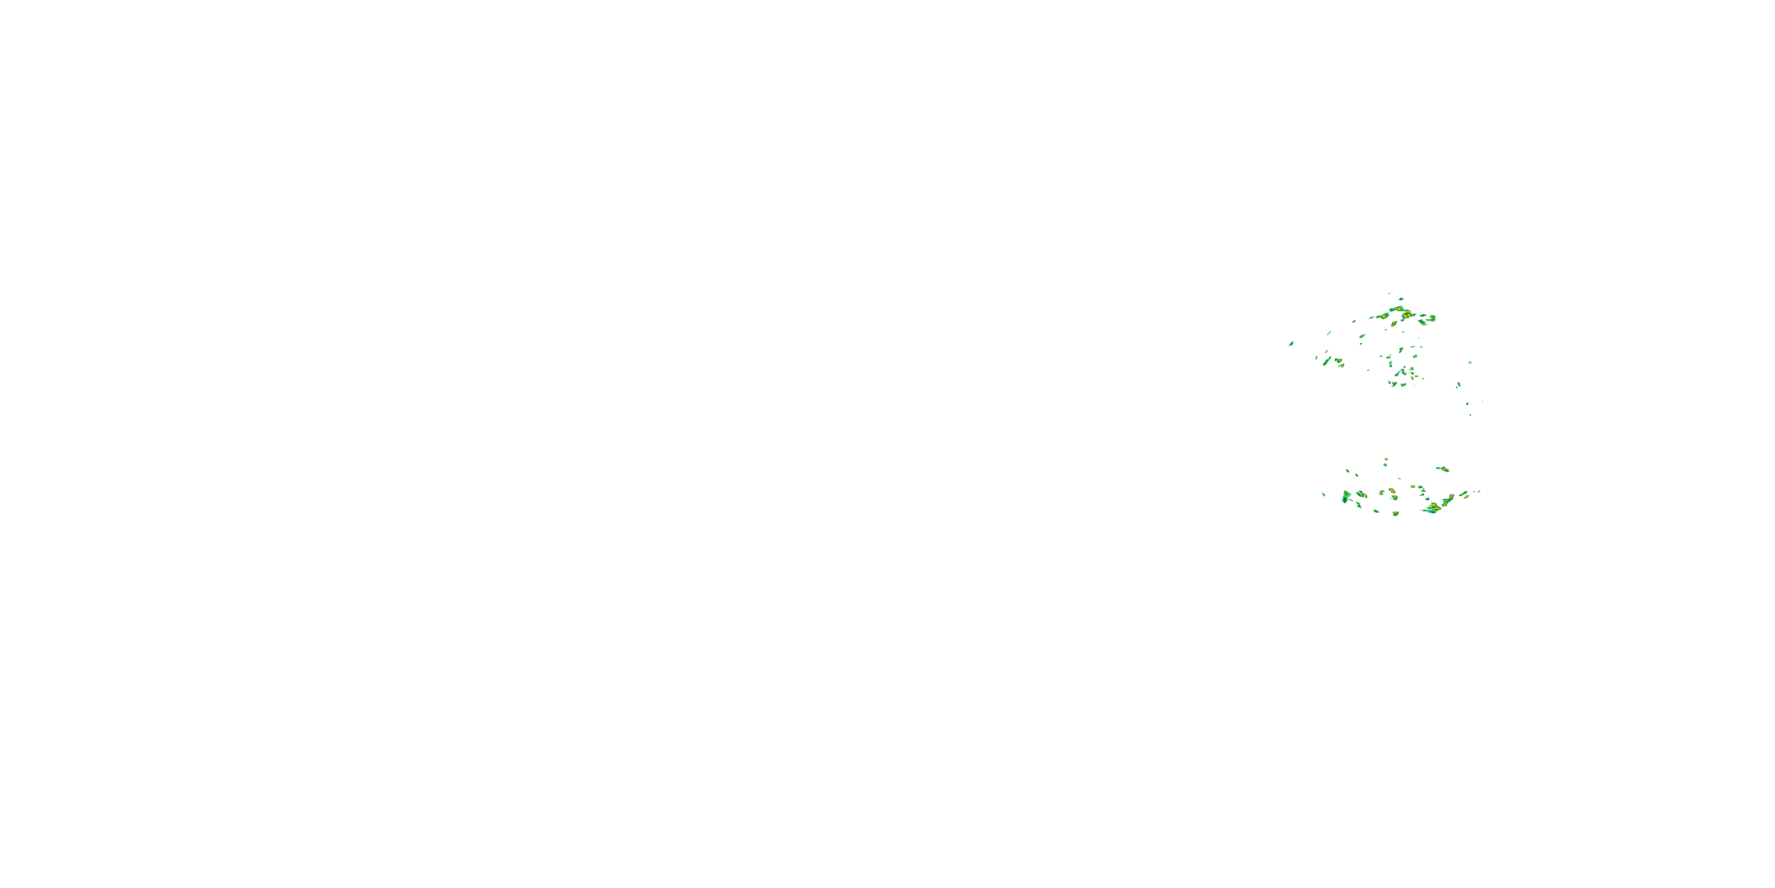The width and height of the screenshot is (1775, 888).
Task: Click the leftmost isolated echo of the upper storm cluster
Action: click(x=1290, y=343)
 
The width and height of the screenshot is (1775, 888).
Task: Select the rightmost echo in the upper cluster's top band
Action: click(x=1432, y=318)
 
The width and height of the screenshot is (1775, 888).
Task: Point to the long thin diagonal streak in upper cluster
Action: click(x=1327, y=360)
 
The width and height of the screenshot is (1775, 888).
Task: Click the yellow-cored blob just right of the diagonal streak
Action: click(x=1338, y=361)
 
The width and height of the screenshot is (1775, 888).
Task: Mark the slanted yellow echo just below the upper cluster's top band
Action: click(x=1393, y=323)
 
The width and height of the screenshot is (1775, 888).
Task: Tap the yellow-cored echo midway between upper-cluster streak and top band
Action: click(x=1362, y=336)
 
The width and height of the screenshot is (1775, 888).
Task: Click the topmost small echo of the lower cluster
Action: click(x=1386, y=459)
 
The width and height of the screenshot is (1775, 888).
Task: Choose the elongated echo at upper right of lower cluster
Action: click(x=1442, y=469)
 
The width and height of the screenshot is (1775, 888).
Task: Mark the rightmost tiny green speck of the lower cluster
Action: click(x=1479, y=491)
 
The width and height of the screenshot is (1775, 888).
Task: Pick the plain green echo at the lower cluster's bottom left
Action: click(x=1376, y=511)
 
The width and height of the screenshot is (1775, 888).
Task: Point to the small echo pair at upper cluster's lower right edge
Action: click(x=1458, y=385)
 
